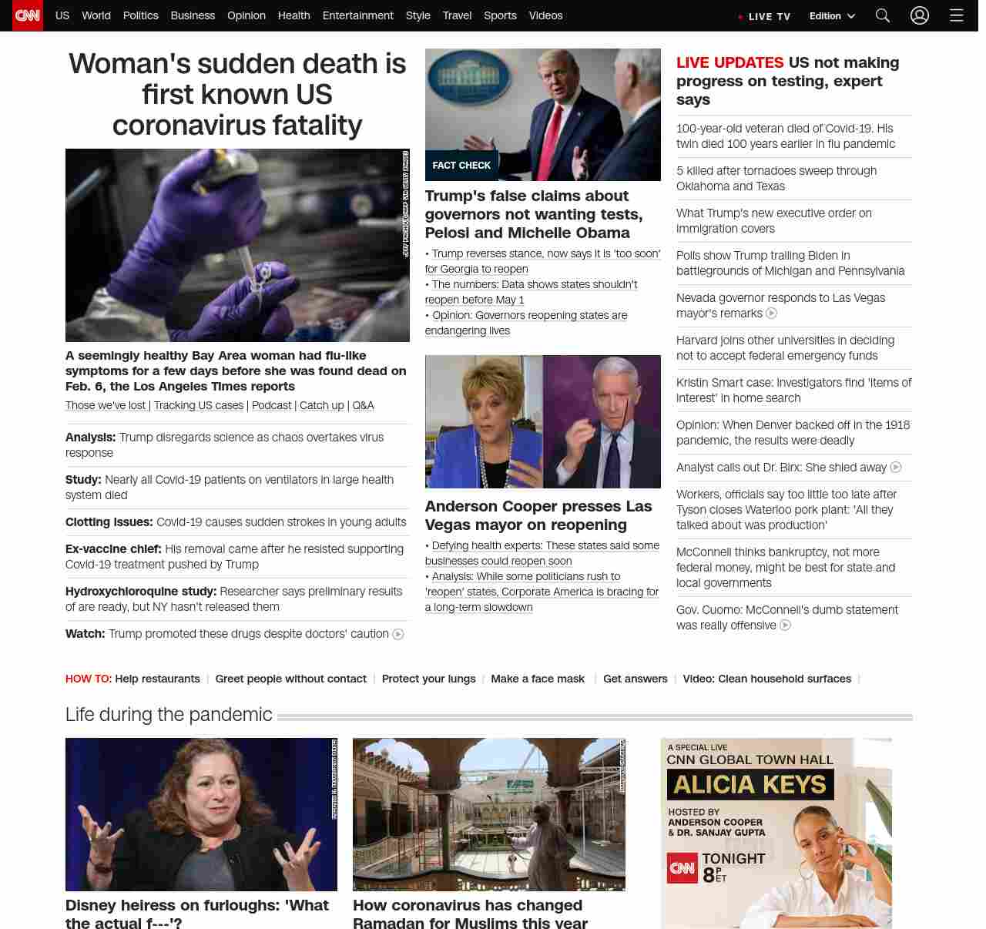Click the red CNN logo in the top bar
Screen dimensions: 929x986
click(x=28, y=15)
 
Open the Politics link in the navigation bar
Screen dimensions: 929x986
click(x=140, y=15)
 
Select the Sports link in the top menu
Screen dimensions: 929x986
click(x=500, y=15)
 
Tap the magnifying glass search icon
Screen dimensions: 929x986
click(x=883, y=15)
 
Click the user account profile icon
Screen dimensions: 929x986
click(x=920, y=15)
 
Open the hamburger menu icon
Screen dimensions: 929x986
click(x=957, y=15)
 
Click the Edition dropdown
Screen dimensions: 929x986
click(x=832, y=16)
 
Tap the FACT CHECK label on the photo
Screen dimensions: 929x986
click(x=461, y=166)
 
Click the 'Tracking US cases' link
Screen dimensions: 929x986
click(x=199, y=405)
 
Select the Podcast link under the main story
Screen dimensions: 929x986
click(x=272, y=405)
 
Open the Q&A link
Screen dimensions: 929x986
click(x=363, y=405)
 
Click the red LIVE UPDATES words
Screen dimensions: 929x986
click(x=729, y=63)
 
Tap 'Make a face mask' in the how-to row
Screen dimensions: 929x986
click(x=538, y=679)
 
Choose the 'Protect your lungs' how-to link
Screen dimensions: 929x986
click(x=428, y=679)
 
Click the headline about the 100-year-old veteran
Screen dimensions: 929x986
click(x=785, y=136)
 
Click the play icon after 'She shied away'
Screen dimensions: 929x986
click(x=896, y=468)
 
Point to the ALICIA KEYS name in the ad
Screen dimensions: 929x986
click(x=750, y=785)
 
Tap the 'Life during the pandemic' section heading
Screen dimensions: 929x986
click(x=169, y=715)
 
